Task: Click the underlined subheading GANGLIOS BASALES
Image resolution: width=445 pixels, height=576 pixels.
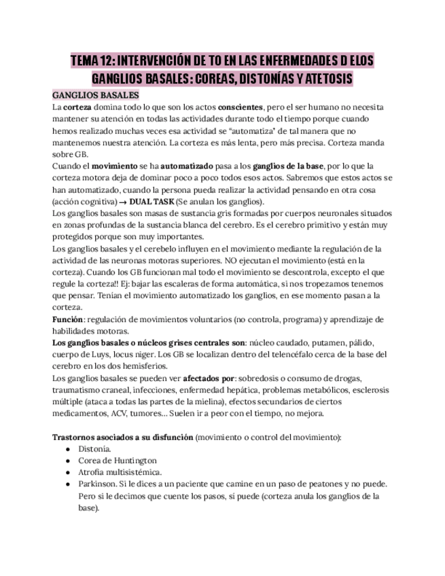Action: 96,95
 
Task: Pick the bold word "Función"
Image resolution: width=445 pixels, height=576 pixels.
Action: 69,319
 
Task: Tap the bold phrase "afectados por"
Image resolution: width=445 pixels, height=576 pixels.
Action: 204,378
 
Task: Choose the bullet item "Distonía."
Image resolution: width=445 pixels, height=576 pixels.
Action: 95,449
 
